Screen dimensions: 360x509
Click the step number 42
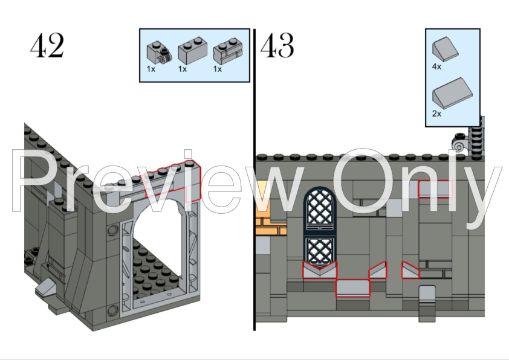[x=47, y=47]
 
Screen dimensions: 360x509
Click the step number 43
[x=277, y=45]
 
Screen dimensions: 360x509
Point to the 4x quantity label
[x=436, y=67]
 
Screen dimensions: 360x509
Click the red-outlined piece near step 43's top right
[x=435, y=188]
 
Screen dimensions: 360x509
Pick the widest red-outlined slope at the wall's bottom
[x=352, y=288]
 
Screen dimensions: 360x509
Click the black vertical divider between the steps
[x=254, y=181]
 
